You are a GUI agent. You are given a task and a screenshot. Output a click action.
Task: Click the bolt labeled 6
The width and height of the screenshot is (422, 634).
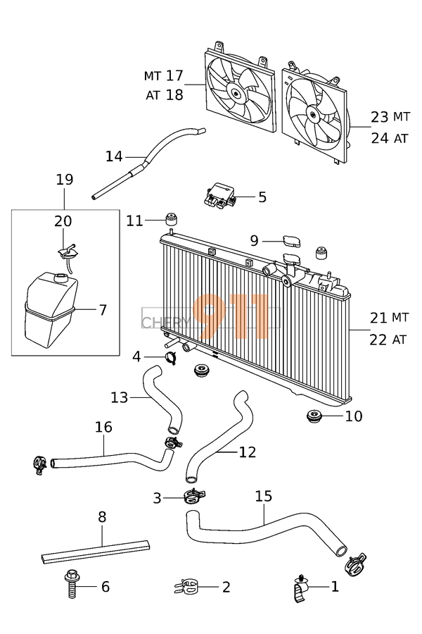(71, 585)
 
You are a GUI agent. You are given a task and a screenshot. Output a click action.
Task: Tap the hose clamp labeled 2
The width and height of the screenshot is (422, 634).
(186, 585)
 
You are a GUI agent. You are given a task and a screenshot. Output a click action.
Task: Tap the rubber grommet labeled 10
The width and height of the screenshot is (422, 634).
(314, 416)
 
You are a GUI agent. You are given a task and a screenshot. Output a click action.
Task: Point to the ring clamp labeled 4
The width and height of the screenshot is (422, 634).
(171, 357)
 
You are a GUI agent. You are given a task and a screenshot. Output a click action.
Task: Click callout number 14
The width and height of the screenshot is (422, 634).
(114, 156)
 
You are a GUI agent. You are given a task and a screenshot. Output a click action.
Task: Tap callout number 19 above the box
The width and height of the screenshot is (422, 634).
(64, 180)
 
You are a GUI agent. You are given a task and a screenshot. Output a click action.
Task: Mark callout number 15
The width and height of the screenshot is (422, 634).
(263, 497)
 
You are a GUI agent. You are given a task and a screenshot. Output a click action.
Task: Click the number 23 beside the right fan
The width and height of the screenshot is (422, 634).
(379, 117)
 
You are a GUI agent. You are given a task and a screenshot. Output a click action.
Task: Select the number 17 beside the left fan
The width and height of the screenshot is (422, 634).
(174, 74)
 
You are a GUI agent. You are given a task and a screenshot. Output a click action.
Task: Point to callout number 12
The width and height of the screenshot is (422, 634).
(247, 452)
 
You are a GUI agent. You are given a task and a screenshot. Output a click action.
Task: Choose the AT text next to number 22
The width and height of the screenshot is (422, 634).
(399, 340)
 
